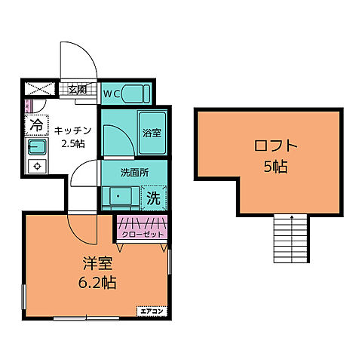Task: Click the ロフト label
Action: pos(276,146)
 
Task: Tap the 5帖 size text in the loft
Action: pos(276,167)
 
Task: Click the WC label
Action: pos(111,94)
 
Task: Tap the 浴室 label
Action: pos(152,133)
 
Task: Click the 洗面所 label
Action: pos(135,172)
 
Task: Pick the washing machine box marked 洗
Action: pos(152,200)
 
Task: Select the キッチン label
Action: pos(72,130)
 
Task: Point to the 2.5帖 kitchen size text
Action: pos(72,143)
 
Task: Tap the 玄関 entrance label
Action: pos(77,90)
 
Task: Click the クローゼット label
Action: pos(143,235)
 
